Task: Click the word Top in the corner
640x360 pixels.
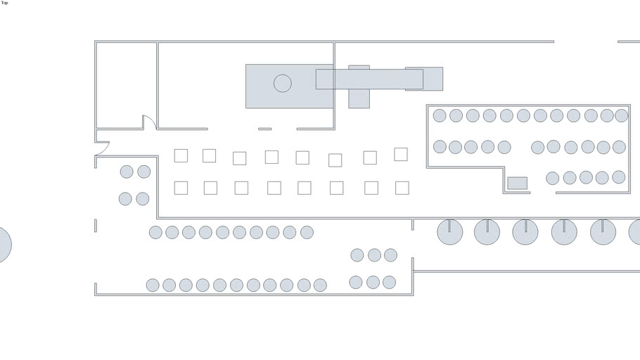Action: point(5,3)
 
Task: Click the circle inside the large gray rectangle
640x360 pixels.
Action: point(282,84)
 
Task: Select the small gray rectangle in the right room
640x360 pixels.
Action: point(518,184)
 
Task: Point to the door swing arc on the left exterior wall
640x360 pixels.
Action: point(103,148)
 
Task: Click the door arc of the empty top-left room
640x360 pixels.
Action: point(149,122)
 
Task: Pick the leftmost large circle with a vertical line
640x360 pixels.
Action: point(450,232)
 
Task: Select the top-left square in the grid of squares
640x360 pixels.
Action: point(181,155)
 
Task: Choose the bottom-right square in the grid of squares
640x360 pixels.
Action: point(402,188)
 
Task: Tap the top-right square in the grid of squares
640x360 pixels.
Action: point(401,154)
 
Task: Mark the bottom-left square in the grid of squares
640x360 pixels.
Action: point(181,188)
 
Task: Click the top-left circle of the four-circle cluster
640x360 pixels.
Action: point(127,172)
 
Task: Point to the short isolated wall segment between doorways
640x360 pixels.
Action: point(264,129)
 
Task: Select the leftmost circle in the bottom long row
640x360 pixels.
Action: point(153,285)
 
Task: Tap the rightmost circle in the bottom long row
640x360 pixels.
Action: point(320,285)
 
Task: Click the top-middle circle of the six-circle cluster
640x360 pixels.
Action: point(374,255)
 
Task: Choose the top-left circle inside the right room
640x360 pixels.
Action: point(440,115)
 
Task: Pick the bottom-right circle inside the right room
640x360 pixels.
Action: point(618,177)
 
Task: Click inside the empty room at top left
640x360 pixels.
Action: point(126,84)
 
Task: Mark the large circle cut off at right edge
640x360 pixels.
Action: point(634,232)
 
